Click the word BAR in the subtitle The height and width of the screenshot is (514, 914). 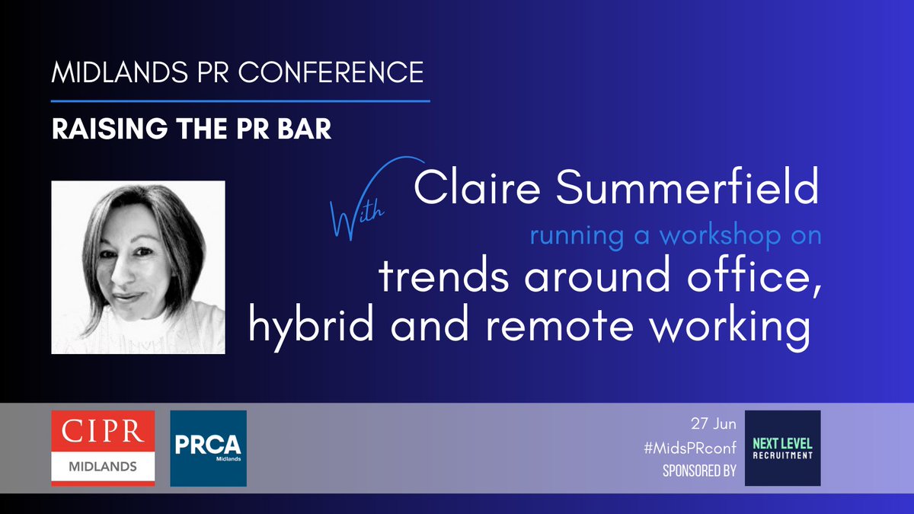(306, 129)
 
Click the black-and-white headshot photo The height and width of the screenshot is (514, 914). (138, 267)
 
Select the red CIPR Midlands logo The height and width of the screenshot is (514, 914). (103, 449)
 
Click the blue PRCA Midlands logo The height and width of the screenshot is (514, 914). (208, 449)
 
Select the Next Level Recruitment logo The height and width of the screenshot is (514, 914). (782, 448)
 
